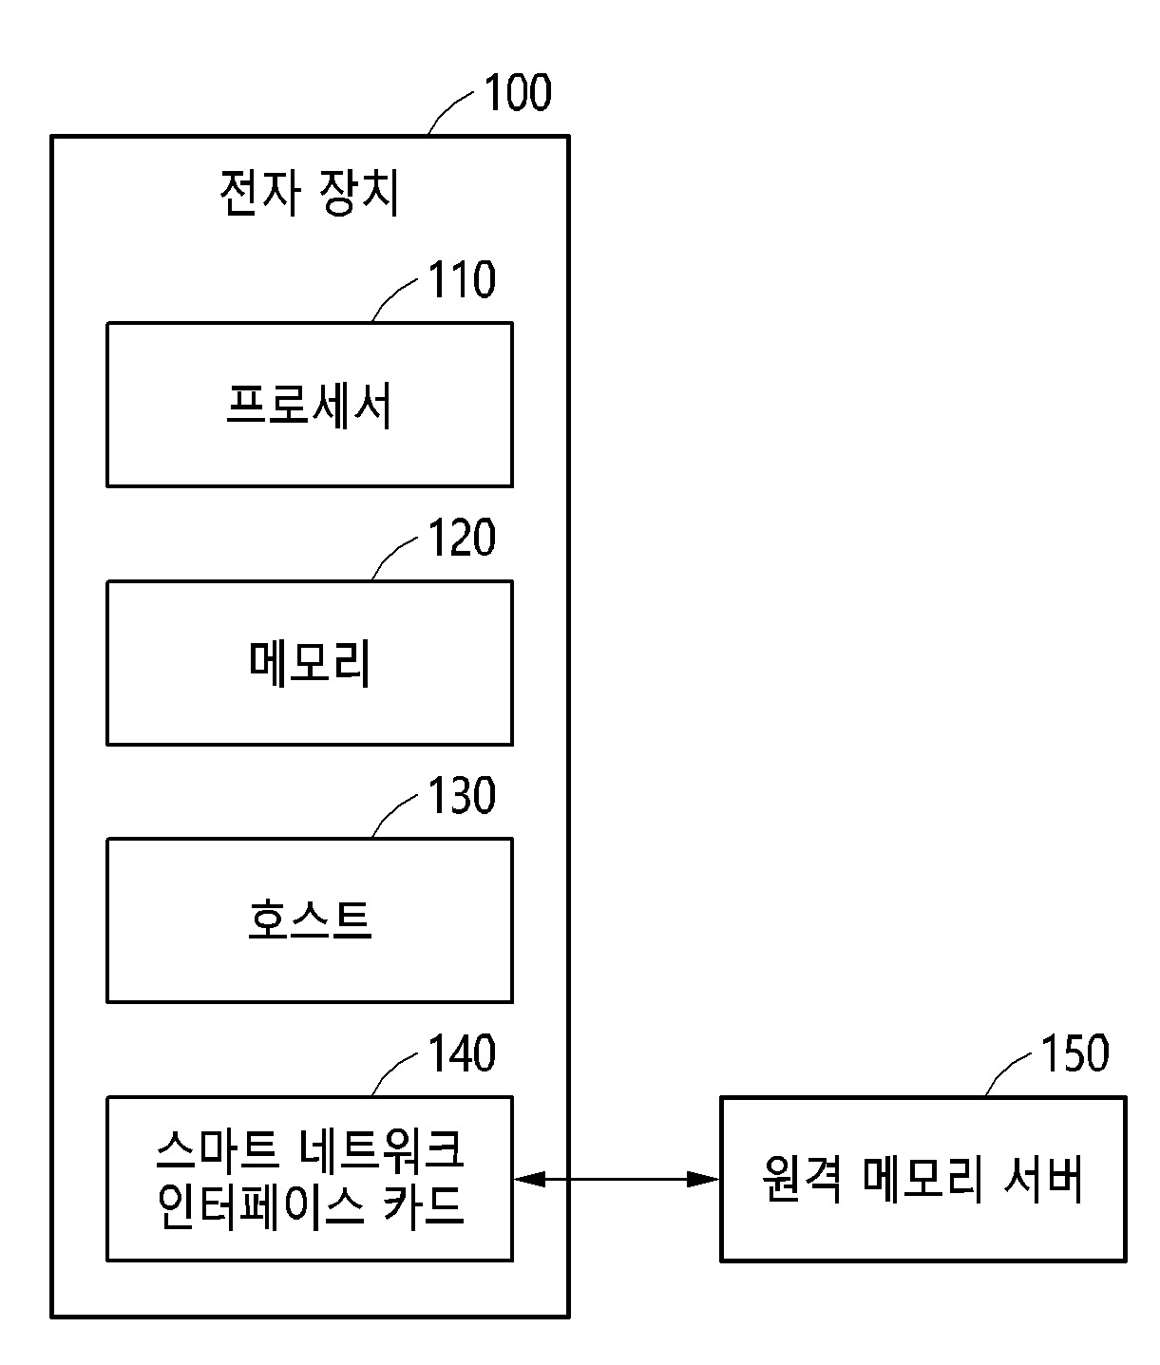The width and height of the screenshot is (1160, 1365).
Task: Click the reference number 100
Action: (x=518, y=93)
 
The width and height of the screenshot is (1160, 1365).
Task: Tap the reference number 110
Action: (x=462, y=280)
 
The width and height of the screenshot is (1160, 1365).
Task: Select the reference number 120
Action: (x=462, y=539)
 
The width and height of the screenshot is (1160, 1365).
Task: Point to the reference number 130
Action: (x=462, y=796)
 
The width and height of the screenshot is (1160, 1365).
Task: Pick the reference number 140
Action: (x=462, y=1054)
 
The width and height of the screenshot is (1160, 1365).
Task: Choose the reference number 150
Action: (x=1075, y=1054)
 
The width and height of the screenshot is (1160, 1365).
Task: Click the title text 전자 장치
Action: (x=310, y=194)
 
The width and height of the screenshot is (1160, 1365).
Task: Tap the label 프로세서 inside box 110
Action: (x=310, y=406)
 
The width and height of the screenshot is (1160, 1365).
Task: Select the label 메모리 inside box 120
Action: (x=310, y=663)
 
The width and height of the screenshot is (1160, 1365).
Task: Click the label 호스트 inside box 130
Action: (x=310, y=920)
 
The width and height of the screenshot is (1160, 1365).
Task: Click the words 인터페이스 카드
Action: (x=310, y=1205)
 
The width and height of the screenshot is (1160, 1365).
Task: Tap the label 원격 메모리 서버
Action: (x=922, y=1180)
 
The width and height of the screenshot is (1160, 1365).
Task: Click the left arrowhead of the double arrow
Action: (x=526, y=1180)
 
